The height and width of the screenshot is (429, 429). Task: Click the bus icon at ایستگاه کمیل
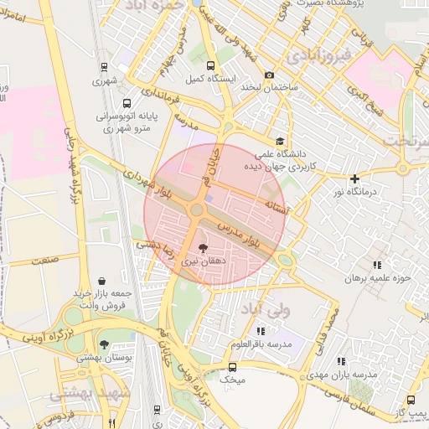click(209, 65)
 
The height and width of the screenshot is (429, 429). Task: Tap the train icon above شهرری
click(104, 67)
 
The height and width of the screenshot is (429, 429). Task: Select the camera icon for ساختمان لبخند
click(269, 75)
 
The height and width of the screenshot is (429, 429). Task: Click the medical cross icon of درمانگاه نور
click(355, 178)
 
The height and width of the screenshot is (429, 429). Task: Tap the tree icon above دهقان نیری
click(202, 248)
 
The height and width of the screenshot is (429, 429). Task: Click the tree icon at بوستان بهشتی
click(103, 344)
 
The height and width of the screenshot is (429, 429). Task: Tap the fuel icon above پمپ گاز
click(411, 401)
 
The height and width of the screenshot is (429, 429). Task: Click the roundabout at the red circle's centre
click(199, 209)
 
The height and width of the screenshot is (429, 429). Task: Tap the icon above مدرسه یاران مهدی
click(340, 361)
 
